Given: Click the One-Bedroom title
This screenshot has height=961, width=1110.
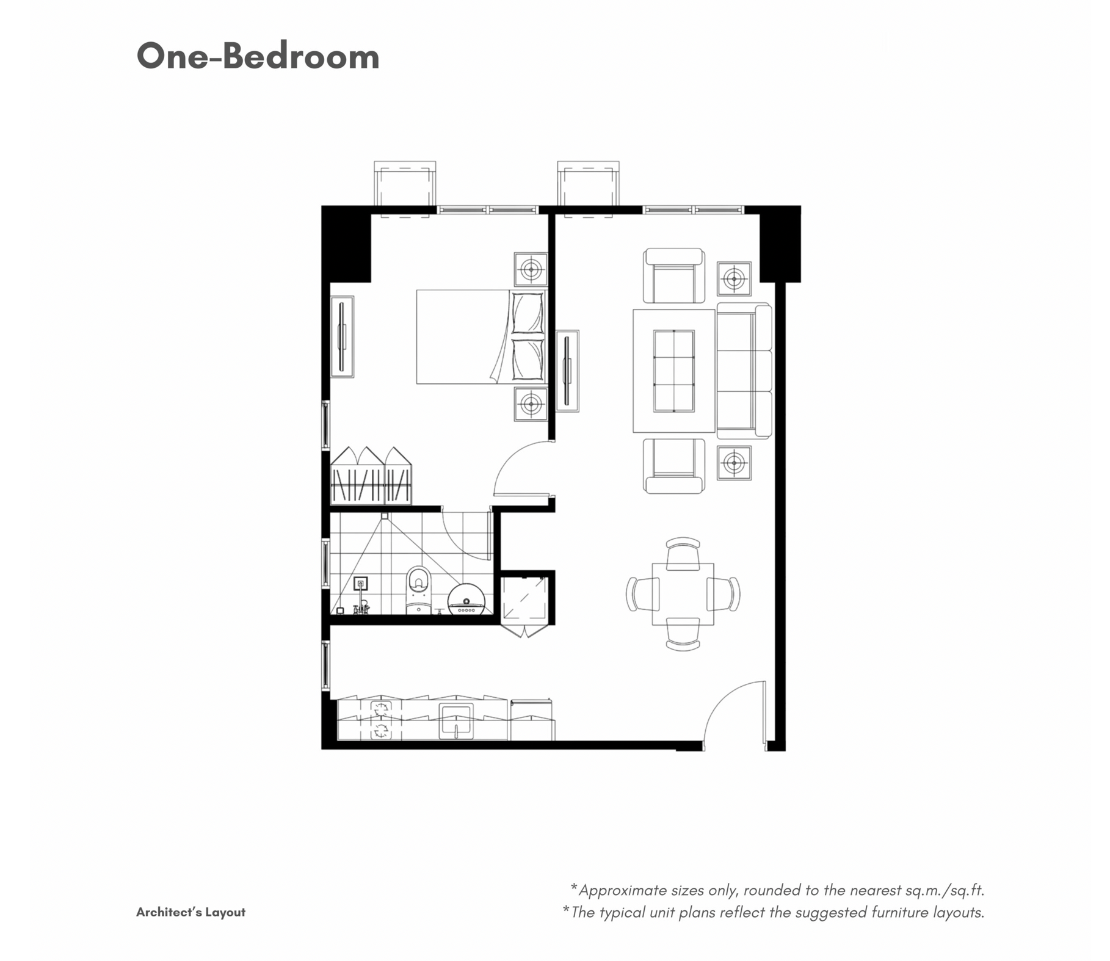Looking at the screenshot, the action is click(258, 56).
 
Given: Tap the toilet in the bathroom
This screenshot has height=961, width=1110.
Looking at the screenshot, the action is click(418, 589).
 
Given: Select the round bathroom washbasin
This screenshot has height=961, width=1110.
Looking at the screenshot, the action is click(466, 598).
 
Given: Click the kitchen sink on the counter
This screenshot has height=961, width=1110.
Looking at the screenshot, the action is click(456, 721).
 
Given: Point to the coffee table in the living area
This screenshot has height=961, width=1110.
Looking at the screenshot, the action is click(673, 371).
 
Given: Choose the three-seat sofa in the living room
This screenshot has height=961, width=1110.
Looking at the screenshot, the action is click(744, 371).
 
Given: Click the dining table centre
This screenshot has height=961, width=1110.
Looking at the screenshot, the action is click(683, 594).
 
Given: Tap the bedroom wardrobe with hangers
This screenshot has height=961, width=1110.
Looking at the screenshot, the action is click(371, 476).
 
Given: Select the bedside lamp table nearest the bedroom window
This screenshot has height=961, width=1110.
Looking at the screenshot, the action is click(531, 269).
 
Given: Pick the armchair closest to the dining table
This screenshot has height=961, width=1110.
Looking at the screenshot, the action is click(673, 466).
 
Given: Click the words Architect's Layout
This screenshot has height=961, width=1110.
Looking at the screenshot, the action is click(190, 912).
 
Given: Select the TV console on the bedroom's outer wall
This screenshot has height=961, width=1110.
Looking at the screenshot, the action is click(343, 336).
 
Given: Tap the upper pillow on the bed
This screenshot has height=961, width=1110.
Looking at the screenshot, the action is click(528, 313).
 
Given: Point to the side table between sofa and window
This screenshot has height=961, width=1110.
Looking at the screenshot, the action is click(734, 279).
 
